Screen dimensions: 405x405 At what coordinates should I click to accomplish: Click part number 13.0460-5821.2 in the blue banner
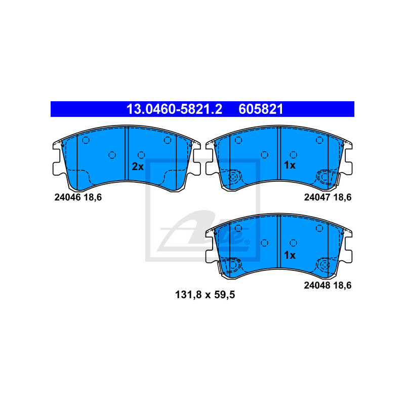(x=174, y=109)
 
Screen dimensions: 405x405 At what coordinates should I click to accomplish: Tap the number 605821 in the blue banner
(x=261, y=109)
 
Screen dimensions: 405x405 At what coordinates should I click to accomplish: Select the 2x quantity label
(x=138, y=167)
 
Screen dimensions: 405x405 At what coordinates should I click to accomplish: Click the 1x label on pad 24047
(x=290, y=165)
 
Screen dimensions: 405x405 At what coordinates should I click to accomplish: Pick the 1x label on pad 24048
(x=290, y=255)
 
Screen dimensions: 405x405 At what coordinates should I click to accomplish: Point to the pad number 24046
(x=67, y=197)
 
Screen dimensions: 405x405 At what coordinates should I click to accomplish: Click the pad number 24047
(x=317, y=197)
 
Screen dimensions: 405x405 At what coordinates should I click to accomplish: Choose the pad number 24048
(x=317, y=286)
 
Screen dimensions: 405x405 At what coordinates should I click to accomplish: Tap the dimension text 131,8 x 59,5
(x=205, y=295)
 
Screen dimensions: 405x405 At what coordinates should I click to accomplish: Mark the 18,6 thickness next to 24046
(x=93, y=197)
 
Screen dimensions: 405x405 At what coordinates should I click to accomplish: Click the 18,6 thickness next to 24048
(x=343, y=286)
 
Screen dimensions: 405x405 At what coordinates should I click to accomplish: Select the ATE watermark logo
(x=203, y=211)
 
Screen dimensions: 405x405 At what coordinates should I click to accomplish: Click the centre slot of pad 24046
(x=127, y=154)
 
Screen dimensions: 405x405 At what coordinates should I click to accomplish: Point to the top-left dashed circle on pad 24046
(x=86, y=140)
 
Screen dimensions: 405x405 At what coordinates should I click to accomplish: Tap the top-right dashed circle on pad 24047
(x=319, y=140)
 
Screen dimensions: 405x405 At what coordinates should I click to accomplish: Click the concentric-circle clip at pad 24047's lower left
(x=233, y=177)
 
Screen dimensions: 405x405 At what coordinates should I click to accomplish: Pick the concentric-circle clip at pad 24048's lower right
(x=325, y=265)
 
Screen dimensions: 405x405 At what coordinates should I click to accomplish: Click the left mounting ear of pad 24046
(x=58, y=158)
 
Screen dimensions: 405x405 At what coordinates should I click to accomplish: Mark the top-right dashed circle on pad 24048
(x=319, y=228)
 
